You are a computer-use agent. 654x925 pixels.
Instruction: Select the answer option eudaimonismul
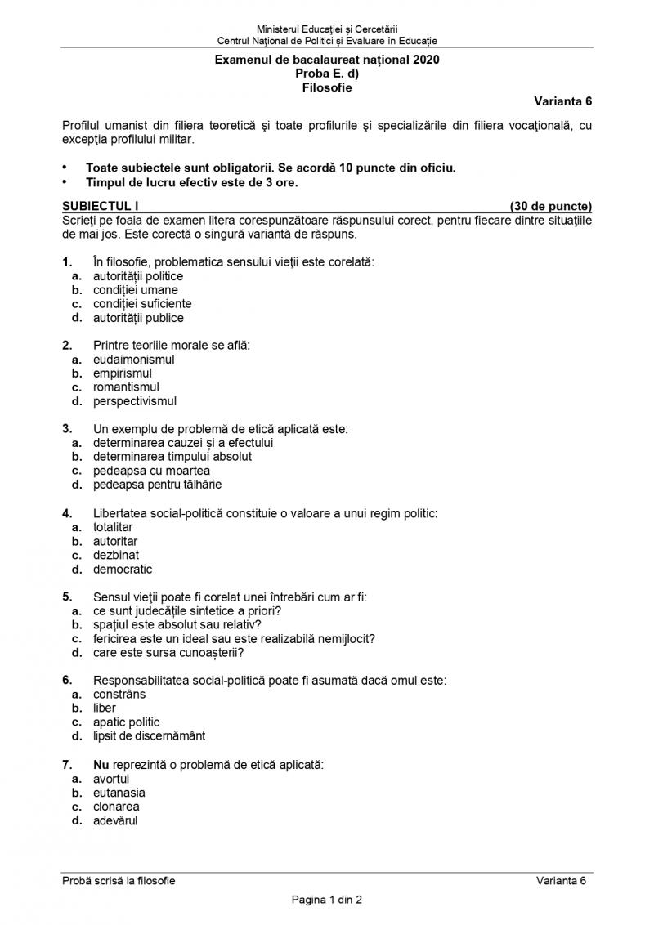click(133, 359)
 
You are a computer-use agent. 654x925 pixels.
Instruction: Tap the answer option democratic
click(123, 569)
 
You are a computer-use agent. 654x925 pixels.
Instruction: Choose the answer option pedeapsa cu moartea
click(151, 471)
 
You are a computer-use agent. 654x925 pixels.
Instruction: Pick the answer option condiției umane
click(135, 289)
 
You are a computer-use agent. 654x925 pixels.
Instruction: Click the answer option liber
click(105, 708)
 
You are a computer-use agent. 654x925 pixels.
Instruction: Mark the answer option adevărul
click(115, 820)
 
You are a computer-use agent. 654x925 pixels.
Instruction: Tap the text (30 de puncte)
click(550, 206)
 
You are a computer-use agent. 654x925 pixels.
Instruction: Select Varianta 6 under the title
click(563, 101)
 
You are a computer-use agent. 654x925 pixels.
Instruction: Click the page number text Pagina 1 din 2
click(327, 900)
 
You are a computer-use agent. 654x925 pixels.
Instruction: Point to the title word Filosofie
click(327, 87)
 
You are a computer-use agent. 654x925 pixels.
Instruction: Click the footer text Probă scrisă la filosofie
click(119, 880)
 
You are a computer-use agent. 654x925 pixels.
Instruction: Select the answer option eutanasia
click(119, 793)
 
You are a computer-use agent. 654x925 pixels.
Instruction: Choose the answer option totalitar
click(113, 527)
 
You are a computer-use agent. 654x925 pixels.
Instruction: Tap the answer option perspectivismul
click(134, 401)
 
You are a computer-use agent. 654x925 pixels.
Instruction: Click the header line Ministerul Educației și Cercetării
click(327, 29)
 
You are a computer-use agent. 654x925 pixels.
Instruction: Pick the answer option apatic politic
click(126, 722)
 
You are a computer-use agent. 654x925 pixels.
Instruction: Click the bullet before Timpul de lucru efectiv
click(65, 182)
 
